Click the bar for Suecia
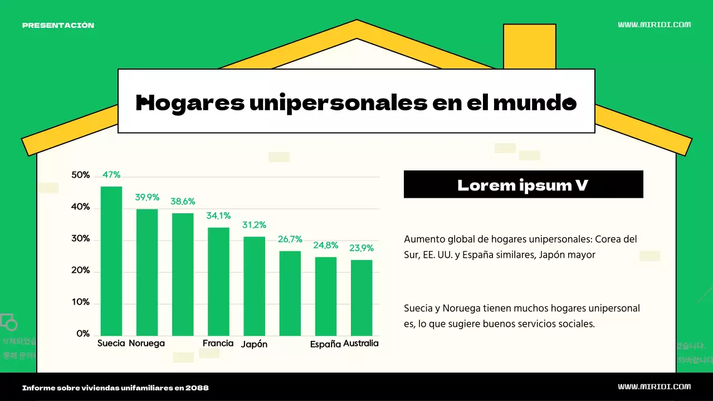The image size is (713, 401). [111, 261]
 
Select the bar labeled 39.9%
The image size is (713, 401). [147, 272]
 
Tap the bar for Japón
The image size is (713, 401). [254, 286]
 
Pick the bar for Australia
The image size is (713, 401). [362, 297]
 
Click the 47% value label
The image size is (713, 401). [111, 175]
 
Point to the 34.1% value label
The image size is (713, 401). [218, 216]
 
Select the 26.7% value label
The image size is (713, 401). [290, 239]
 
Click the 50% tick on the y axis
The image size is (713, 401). [81, 175]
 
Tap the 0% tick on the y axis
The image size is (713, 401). [83, 334]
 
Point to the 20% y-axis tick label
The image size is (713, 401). [81, 270]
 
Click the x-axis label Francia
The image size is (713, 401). [218, 343]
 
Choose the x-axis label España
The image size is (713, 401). [325, 344]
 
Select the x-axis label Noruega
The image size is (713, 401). [146, 343]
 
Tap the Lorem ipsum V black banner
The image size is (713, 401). [523, 184]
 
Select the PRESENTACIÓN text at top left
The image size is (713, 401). [58, 25]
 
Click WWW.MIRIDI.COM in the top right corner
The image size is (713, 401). [655, 25]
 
